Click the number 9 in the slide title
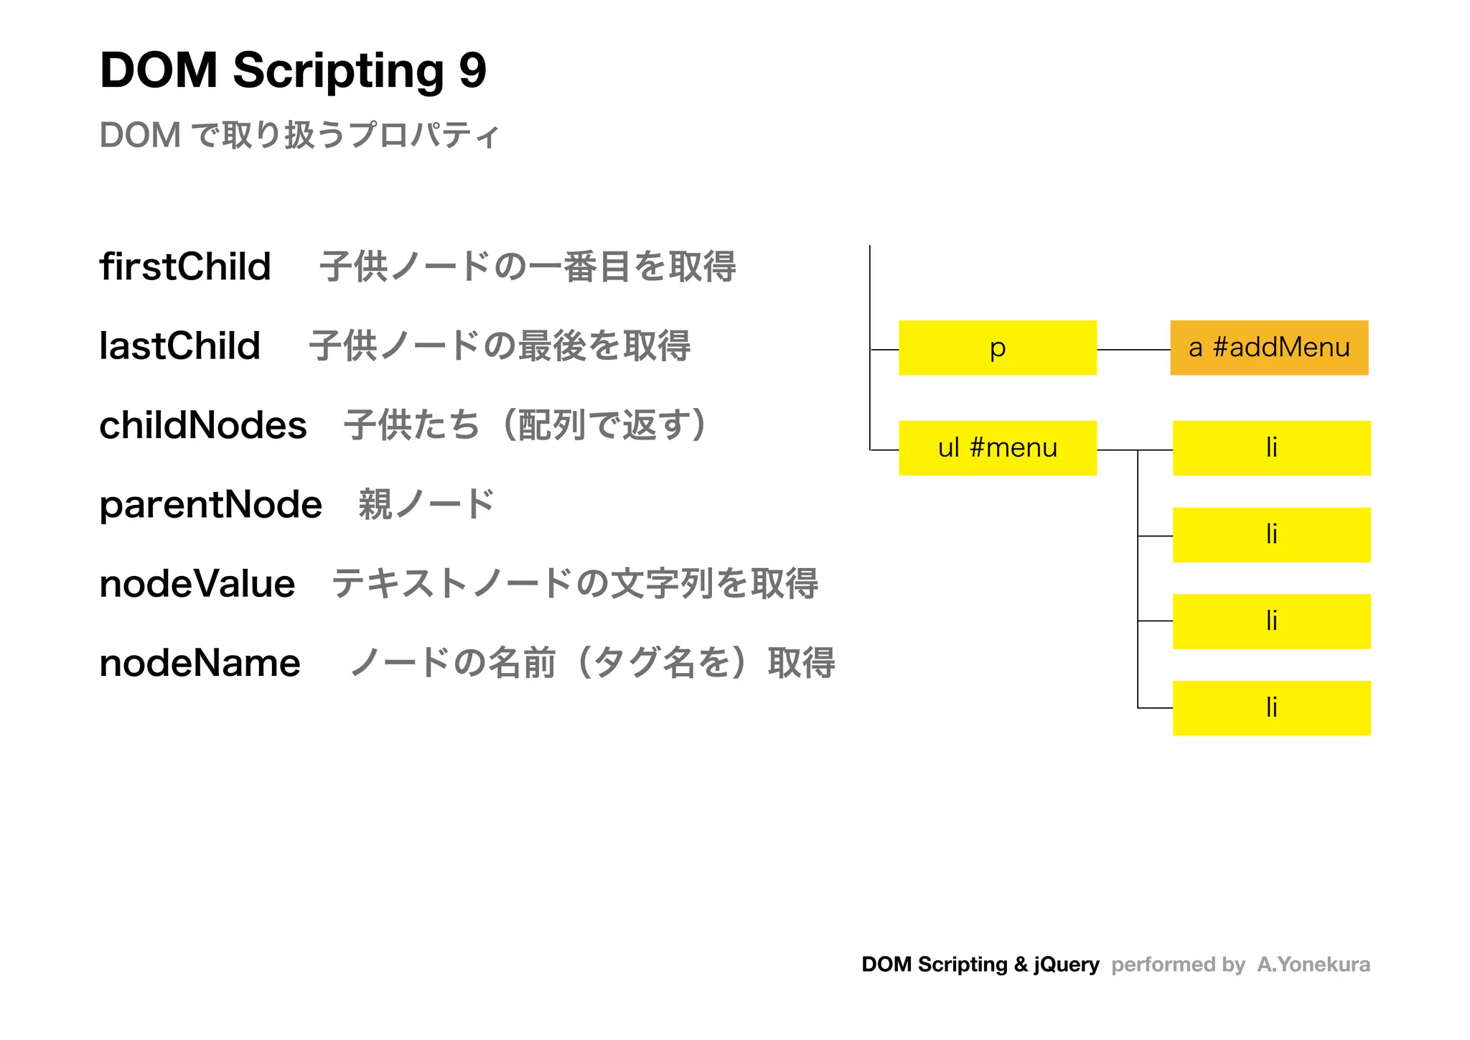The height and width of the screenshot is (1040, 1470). tap(472, 71)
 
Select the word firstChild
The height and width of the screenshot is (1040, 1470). tap(185, 266)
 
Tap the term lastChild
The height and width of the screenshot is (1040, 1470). tap(179, 345)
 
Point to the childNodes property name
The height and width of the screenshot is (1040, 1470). tap(203, 425)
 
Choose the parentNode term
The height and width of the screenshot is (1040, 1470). tap(210, 504)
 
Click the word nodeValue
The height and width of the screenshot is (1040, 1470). tap(197, 583)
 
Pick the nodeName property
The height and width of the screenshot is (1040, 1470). tap(200, 662)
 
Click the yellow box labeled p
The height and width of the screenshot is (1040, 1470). tap(997, 348)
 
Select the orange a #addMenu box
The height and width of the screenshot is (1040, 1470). tap(1269, 348)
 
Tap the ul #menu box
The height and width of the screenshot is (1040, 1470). tap(997, 448)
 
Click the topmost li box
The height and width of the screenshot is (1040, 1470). tap(1271, 448)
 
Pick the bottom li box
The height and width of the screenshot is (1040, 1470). tap(1271, 708)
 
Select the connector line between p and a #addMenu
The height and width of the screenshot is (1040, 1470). tap(1133, 350)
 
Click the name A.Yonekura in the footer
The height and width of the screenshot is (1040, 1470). tap(1313, 964)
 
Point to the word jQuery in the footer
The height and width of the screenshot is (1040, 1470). tap(1067, 964)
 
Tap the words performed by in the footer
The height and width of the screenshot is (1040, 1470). tap(1178, 964)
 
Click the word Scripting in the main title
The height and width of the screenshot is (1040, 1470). tap(338, 71)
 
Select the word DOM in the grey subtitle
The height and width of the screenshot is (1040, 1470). tap(140, 135)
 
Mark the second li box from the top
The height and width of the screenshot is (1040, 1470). tap(1271, 535)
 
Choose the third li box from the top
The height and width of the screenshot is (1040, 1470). tap(1271, 621)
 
